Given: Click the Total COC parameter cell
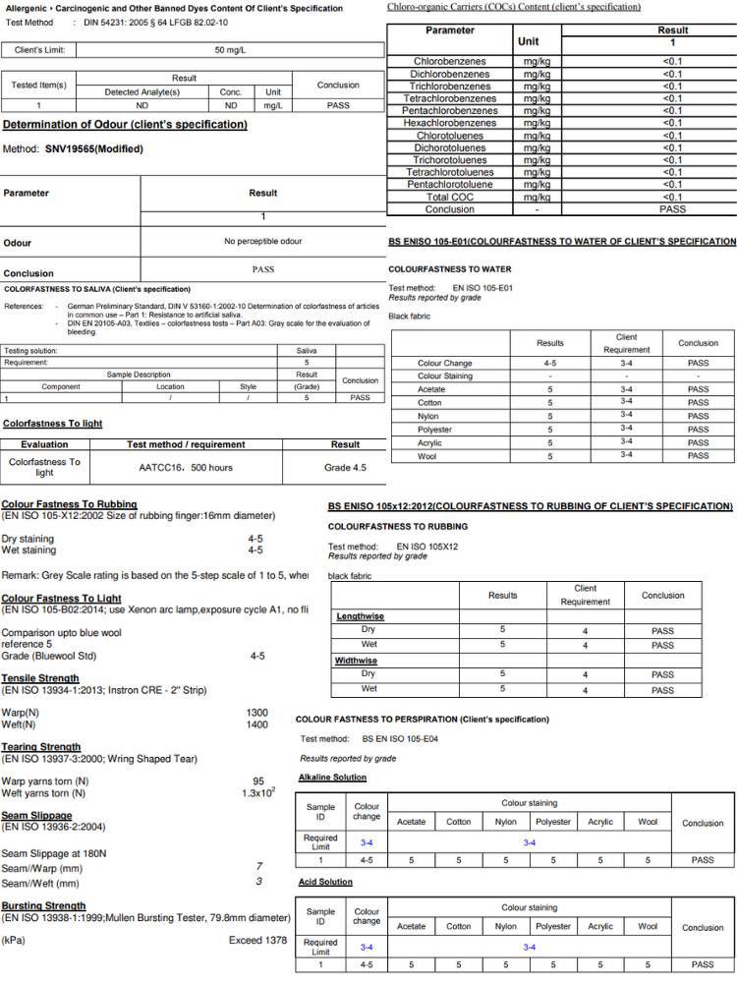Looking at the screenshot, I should point(449,197).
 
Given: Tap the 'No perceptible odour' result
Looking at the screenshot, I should point(262,241).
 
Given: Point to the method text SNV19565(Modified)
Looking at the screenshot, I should point(93,149).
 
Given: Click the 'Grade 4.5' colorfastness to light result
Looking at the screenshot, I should point(345,467).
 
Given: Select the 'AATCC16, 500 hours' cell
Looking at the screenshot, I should point(186,467).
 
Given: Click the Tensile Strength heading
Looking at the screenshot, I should point(40,678).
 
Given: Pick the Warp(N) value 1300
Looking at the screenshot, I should point(257,712).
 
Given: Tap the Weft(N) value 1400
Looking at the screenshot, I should point(257,724).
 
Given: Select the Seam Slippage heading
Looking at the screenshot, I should point(36,816).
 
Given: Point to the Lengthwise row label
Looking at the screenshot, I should point(361,616).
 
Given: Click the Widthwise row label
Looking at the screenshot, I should point(357,661).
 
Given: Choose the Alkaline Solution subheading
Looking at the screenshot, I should point(332,778).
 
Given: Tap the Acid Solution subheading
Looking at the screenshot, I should point(325,882).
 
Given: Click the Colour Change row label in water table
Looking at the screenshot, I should point(444,363).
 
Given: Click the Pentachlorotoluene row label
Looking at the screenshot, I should point(449,185).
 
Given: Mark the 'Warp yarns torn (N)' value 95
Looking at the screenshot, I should point(257,781).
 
